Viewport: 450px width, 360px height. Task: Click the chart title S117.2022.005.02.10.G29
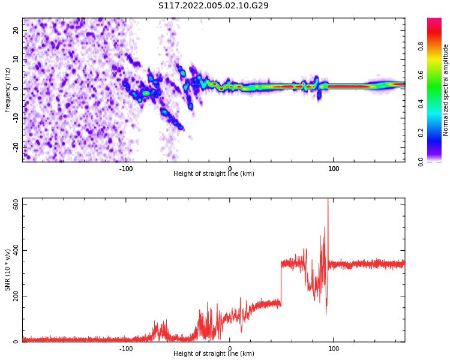pos(214,6)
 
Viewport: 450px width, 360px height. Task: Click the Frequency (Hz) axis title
pos(8,90)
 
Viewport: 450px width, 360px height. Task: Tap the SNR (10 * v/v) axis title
pos(8,270)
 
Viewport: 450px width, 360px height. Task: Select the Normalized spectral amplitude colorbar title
pos(446,90)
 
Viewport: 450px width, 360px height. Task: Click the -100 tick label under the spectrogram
pos(126,169)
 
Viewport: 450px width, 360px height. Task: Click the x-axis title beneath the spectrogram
pos(214,174)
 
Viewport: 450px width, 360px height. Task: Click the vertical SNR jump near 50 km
pos(281,282)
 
